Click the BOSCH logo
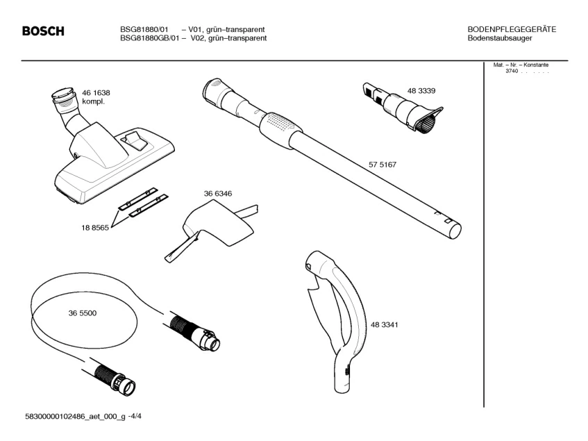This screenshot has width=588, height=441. tap(43, 32)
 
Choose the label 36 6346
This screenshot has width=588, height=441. tap(217, 194)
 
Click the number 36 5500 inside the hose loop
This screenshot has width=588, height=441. tap(83, 313)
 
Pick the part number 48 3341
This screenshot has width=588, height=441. tap(385, 324)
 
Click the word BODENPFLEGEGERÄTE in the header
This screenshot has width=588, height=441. tap(512, 29)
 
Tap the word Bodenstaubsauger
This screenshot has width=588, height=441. tap(500, 38)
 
